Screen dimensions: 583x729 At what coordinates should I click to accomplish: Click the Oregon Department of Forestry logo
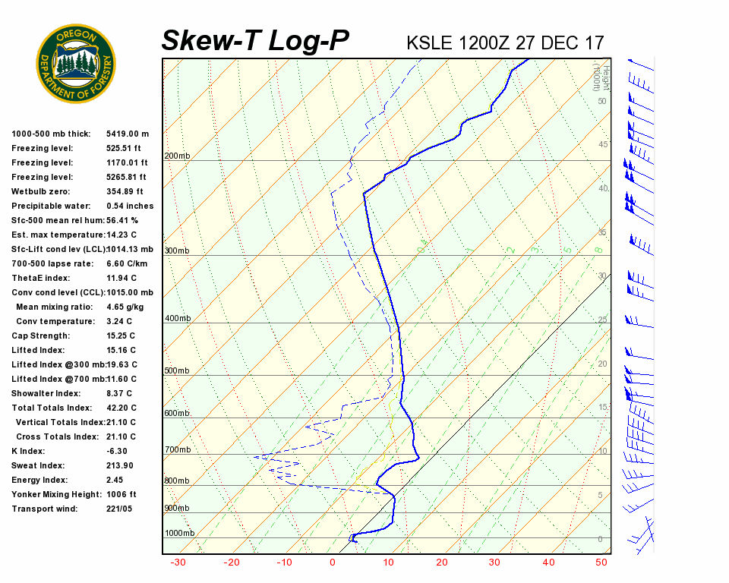pos(76,64)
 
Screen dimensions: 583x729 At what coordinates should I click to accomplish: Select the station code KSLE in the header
pos(430,43)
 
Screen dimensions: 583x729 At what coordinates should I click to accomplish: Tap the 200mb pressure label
pos(177,156)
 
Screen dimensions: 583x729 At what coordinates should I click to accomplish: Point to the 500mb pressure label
pos(177,371)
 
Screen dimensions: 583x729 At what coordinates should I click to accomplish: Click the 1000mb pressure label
pos(179,533)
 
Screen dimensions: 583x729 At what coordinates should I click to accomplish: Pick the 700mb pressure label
pos(177,450)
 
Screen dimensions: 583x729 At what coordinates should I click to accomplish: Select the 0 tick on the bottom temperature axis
pos(332,563)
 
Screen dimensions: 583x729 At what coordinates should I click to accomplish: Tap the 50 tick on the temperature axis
pos(602,563)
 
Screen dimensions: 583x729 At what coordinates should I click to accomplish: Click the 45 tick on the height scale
pos(602,144)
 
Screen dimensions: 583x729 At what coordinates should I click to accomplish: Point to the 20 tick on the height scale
pos(602,364)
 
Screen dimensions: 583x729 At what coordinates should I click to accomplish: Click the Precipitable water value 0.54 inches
pos(130,206)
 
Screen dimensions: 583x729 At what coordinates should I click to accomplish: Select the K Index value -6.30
pos(118,451)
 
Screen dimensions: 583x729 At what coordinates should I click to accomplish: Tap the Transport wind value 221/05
pos(119,509)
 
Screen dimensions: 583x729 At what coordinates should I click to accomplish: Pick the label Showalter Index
pos(46,393)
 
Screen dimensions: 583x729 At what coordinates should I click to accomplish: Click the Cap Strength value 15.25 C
pos(121,336)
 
